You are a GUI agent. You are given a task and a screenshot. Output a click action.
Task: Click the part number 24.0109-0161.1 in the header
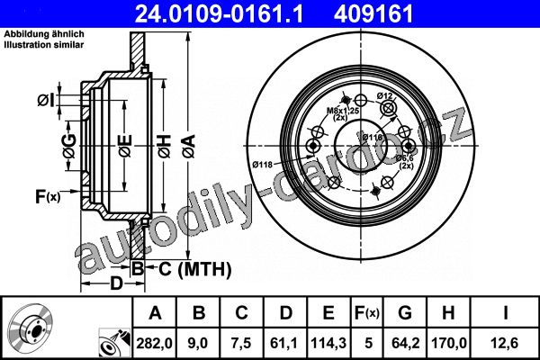pyautogui.click(x=219, y=14)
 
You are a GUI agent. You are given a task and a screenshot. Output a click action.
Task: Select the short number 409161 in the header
pyautogui.click(x=373, y=14)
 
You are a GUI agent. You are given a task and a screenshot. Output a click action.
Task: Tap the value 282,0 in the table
pyautogui.click(x=154, y=343)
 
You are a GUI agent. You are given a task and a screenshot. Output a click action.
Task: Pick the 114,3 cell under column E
pyautogui.click(x=328, y=343)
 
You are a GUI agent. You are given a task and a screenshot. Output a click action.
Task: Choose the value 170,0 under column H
pyautogui.click(x=449, y=343)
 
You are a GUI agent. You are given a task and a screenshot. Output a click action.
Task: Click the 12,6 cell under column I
pyautogui.click(x=505, y=343)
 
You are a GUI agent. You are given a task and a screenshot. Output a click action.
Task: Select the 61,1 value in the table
pyautogui.click(x=284, y=343)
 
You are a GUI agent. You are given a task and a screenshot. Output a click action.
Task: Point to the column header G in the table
pyautogui.click(x=405, y=313)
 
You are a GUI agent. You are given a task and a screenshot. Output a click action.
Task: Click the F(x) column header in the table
pyautogui.click(x=367, y=313)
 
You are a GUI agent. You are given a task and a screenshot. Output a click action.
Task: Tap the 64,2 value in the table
pyautogui.click(x=405, y=343)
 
